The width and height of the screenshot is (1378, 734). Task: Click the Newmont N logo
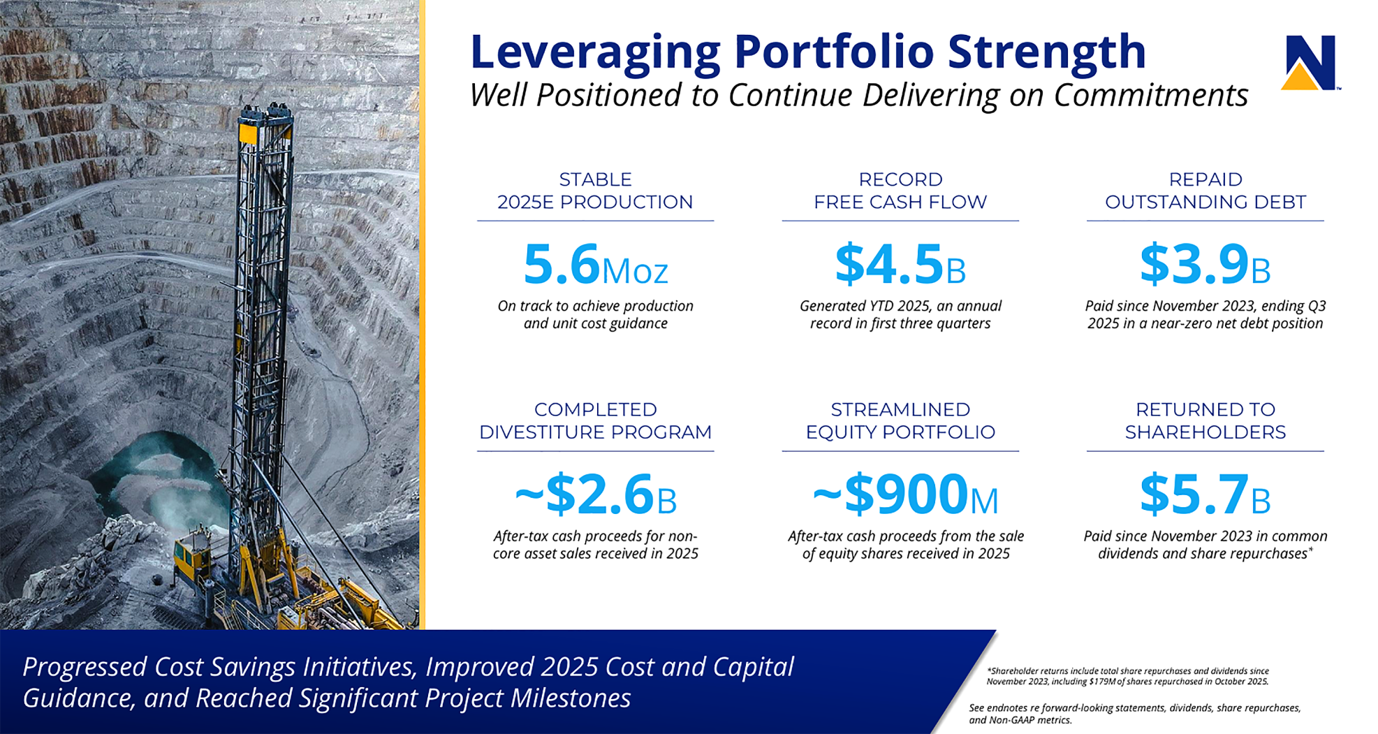(x=1310, y=63)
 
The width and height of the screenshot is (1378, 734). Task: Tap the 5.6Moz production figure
(x=596, y=265)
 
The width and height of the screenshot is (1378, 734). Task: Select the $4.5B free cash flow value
(x=900, y=265)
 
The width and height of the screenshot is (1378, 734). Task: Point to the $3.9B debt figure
(x=1205, y=265)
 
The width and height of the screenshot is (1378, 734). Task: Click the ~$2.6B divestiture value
(x=596, y=494)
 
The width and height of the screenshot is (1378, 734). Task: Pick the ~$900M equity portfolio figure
(x=906, y=494)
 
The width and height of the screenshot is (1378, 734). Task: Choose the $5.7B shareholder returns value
(x=1205, y=494)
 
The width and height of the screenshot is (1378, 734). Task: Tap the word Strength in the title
(x=1046, y=53)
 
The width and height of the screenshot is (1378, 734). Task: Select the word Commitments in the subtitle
(x=1150, y=96)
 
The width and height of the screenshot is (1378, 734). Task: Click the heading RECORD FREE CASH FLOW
(x=900, y=191)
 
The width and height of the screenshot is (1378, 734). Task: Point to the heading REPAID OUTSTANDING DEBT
(x=1205, y=191)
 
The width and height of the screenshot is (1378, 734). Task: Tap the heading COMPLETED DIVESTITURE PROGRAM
(x=596, y=420)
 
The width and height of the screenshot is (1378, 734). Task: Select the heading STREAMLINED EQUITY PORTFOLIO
(x=900, y=420)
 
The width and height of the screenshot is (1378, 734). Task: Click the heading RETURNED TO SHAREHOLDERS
(x=1205, y=420)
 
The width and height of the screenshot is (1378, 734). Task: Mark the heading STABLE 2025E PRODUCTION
(x=596, y=191)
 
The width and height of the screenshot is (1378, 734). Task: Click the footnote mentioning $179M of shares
(x=1127, y=676)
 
